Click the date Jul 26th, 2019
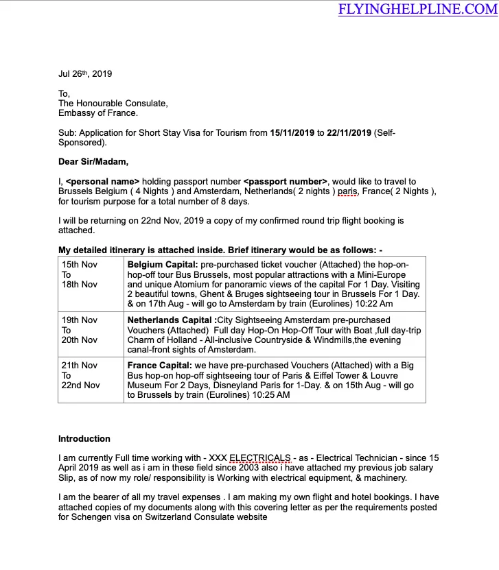coord(85,74)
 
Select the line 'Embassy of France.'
coord(97,113)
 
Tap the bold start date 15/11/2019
coord(293,133)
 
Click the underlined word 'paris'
coord(348,192)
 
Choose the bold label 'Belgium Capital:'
coord(163,264)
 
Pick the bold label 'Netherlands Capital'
coord(170,320)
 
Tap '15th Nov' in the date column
coord(80,264)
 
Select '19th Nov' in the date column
coord(80,320)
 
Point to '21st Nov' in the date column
coord(80,366)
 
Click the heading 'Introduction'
coord(84,439)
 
